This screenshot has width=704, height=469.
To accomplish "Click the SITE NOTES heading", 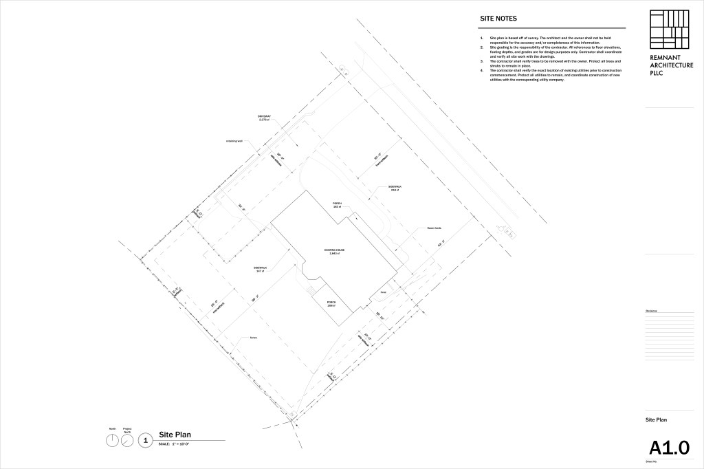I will (498, 19).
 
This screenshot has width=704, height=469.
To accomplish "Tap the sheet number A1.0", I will (668, 448).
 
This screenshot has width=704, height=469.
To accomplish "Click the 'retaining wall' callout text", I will (235, 142).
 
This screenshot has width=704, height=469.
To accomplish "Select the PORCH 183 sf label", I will (338, 204).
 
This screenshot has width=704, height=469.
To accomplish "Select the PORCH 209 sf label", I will (331, 304).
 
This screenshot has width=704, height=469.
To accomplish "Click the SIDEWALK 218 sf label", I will (394, 188).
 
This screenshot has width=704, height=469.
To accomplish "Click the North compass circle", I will (112, 441).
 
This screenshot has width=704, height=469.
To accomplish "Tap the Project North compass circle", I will (127, 441).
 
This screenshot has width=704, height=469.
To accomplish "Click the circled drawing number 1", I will (145, 441).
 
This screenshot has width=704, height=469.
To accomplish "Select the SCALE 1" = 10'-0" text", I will (173, 445).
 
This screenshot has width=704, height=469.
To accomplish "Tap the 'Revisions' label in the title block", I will (652, 312).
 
